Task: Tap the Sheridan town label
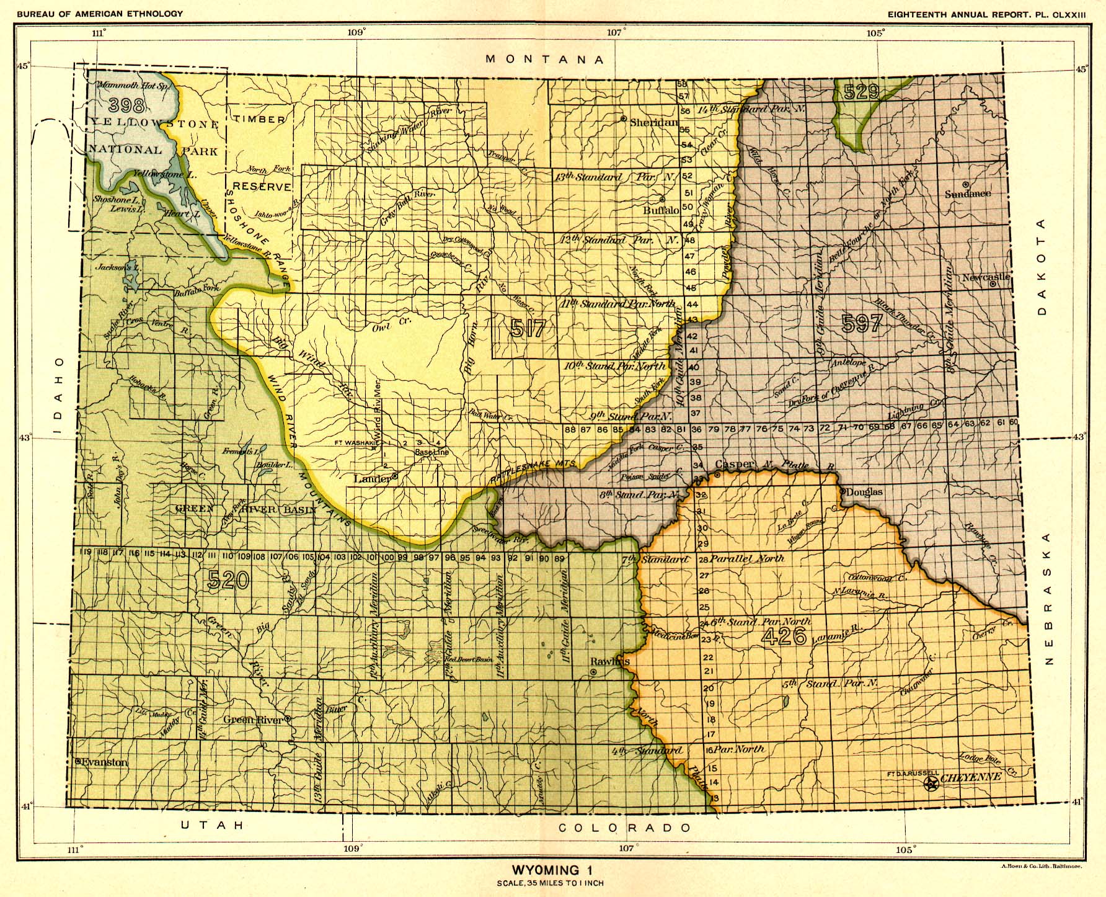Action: click(653, 122)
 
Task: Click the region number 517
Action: click(528, 327)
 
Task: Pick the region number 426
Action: click(784, 636)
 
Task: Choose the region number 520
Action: click(228, 580)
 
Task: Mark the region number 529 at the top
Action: click(861, 92)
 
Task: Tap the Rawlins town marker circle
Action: click(593, 672)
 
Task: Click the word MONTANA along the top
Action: click(545, 60)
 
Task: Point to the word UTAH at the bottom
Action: click(213, 824)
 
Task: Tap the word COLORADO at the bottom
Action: click(624, 828)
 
